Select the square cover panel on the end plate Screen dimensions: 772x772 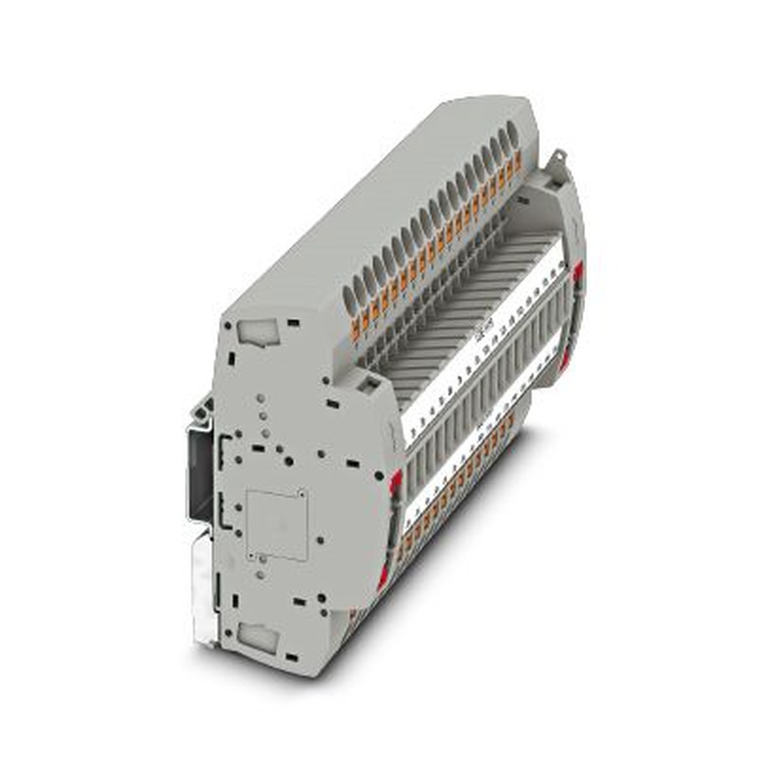point(276,525)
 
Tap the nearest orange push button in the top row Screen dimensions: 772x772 point(356,330)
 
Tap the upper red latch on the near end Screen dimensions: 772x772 point(396,480)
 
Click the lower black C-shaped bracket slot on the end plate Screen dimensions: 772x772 point(223,510)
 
